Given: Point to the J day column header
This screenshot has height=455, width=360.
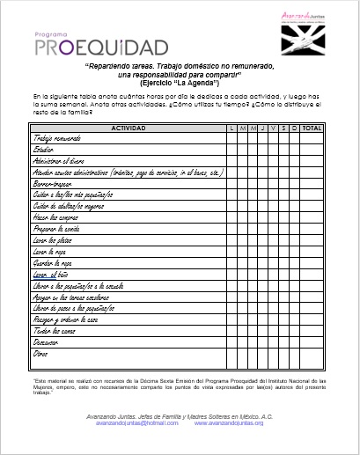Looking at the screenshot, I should pos(262,128).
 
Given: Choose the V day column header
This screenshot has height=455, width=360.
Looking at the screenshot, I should pos(273,128).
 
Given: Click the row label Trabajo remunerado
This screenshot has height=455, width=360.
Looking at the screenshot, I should pos(62,139).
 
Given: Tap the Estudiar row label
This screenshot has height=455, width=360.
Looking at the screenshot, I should pos(45,150).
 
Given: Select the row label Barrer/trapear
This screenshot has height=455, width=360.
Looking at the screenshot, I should pos(55,184).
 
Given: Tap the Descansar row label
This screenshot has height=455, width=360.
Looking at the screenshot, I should pos(48,341).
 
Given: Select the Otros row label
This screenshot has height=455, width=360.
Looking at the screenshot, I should pos(40,353).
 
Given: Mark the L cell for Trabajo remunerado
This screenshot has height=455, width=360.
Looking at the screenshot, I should pos(231,139).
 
